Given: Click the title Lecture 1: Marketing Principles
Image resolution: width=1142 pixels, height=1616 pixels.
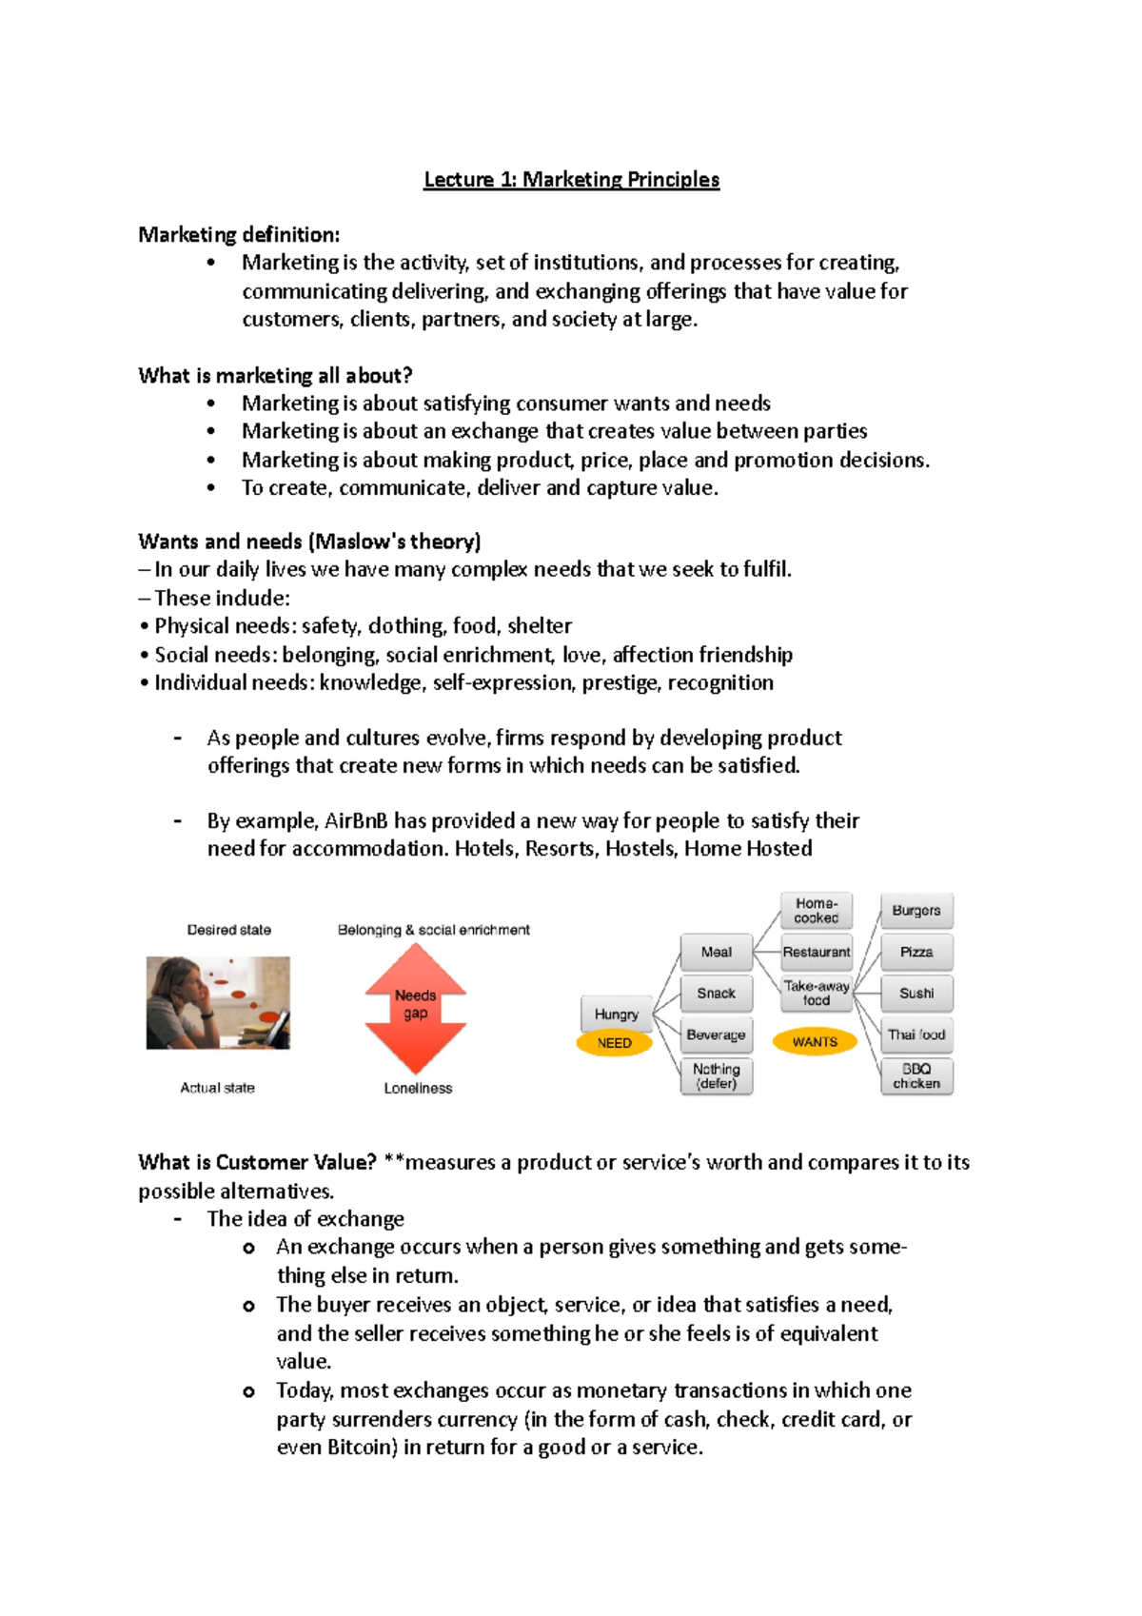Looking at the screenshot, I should coord(571,180).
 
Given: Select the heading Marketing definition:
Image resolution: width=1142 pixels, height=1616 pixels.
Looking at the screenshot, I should coord(238,235).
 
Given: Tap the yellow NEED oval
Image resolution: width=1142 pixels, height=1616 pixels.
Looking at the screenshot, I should coord(615,1043).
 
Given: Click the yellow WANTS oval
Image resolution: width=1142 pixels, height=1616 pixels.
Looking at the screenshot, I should coord(815,1042).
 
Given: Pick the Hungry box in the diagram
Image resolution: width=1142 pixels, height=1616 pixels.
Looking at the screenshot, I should coord(616,1015).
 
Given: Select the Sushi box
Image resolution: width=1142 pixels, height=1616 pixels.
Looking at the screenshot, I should coord(916,994).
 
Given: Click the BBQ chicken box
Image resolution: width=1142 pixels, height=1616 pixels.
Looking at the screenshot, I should coord(916,1076).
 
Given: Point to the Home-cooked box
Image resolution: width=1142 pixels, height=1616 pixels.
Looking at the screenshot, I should coord(817,911).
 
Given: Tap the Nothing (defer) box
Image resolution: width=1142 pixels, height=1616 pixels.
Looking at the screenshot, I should coord(717,1076).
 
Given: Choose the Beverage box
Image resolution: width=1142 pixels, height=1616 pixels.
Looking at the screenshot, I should coord(716,1035).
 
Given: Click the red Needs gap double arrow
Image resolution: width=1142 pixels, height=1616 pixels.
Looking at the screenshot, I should coord(416,1008).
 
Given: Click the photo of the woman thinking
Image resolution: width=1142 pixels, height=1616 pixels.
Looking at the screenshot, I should coord(218,1003).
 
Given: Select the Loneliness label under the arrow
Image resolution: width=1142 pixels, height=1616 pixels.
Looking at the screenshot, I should coord(418,1089).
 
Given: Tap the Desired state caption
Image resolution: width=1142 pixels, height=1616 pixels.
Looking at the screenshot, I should coord(228,930).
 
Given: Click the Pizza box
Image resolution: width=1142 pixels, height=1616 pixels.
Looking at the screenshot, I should coord(916,952).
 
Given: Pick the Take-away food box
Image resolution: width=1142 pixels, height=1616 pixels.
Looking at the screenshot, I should coord(817,994).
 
